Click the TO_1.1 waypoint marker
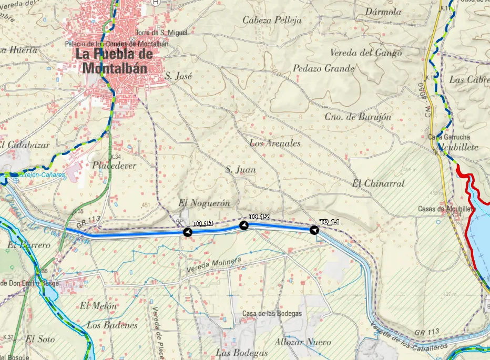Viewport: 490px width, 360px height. click(314, 230)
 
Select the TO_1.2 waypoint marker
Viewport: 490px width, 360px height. click(243, 225)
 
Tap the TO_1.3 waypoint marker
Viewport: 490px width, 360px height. click(187, 232)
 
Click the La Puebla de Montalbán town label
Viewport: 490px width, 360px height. click(115, 61)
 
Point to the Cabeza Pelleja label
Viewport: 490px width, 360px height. click(272, 20)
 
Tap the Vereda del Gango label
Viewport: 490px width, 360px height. click(365, 53)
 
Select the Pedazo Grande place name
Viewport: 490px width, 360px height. click(323, 68)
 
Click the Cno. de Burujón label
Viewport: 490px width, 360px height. click(358, 117)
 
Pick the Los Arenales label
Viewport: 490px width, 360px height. click(274, 143)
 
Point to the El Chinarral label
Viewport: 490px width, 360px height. click(378, 183)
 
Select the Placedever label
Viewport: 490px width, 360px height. click(114, 166)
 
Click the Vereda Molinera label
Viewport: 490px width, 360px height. click(213, 265)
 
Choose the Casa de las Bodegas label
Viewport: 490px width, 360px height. click(272, 314)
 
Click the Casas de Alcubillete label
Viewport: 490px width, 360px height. click(446, 209)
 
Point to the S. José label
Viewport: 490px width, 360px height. click(178, 76)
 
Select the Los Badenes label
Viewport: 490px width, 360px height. click(112, 325)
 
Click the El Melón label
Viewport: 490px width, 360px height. click(98, 306)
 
